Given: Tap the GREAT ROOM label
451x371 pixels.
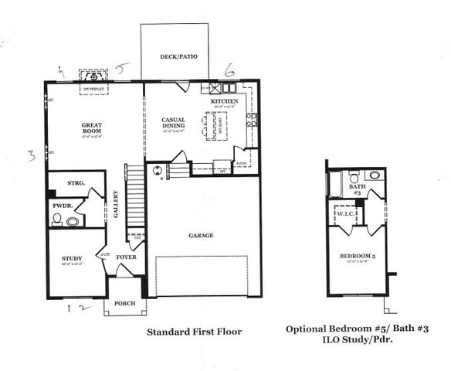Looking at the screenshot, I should tap(92, 128).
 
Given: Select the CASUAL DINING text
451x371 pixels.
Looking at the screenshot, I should tap(172, 122).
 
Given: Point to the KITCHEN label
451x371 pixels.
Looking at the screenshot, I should tap(224, 101).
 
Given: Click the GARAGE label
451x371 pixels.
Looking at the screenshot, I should tap(201, 235).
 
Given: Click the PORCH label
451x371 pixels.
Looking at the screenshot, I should tap(124, 304).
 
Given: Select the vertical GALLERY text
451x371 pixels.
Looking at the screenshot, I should tap(115, 205).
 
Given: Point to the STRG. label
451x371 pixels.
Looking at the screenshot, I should tap(75, 184).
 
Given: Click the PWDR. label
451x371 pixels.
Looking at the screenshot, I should tap(63, 206).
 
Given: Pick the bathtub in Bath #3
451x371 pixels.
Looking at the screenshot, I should tap(335, 184).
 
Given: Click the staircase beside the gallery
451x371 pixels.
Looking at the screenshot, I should tap(136, 201).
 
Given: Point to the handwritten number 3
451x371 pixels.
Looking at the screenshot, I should tap(32, 154).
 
